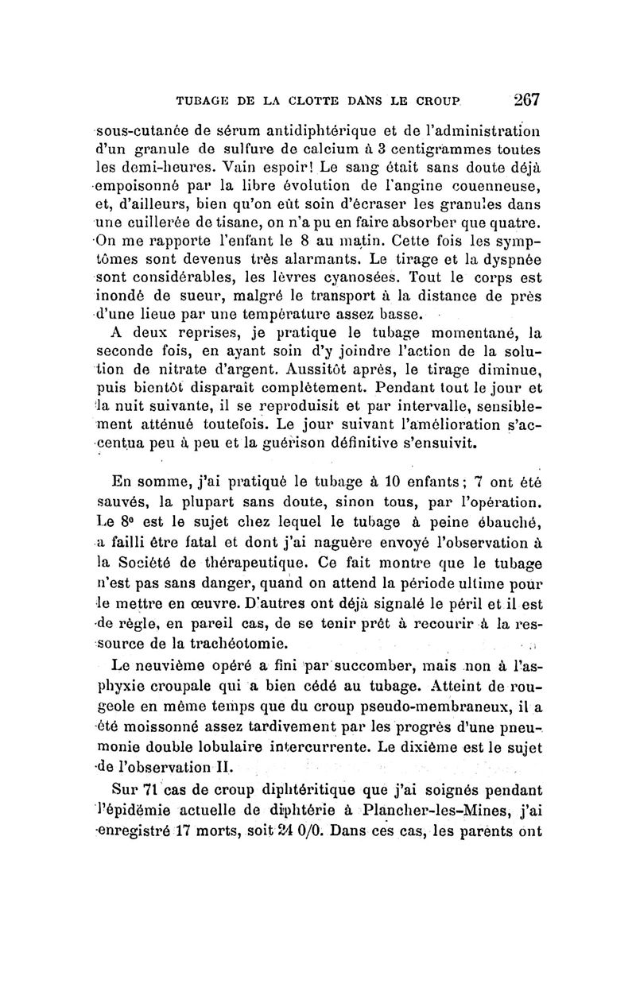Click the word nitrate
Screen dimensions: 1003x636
coord(192,369)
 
